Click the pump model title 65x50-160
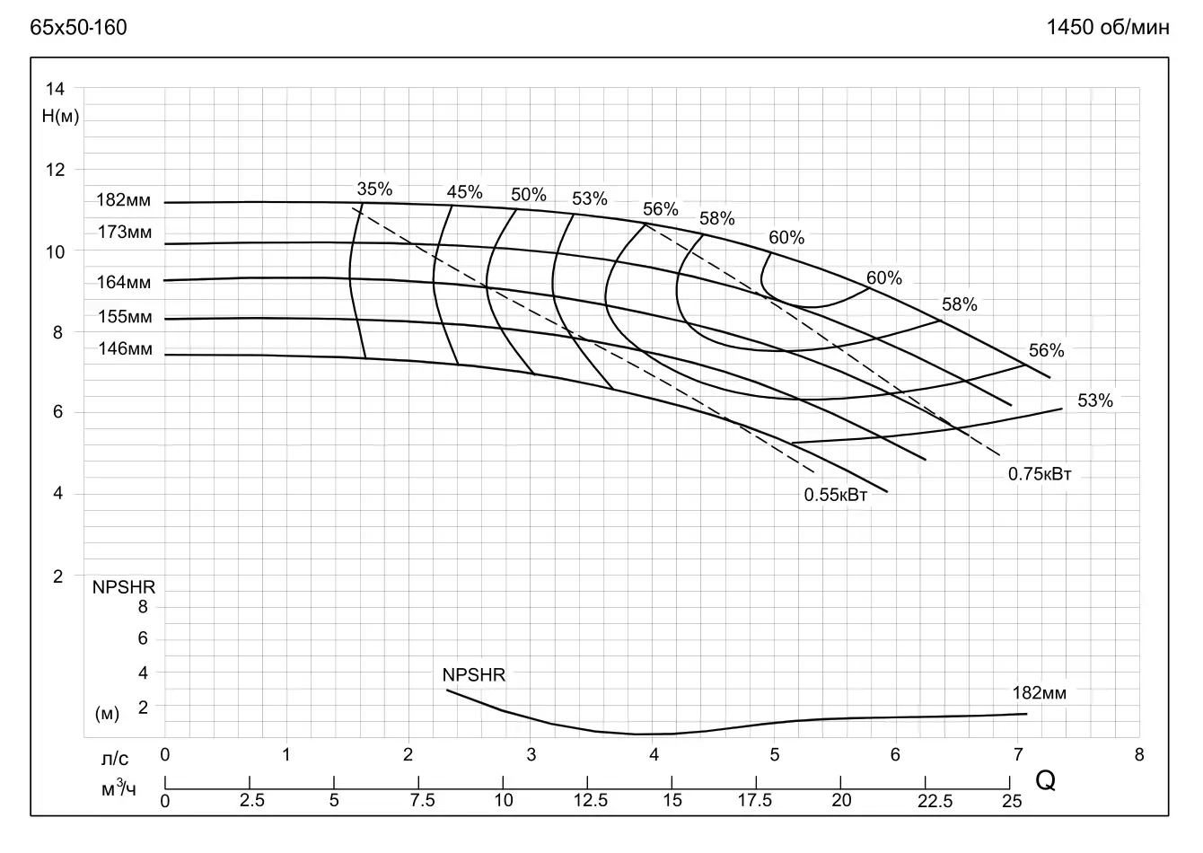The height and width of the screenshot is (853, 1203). (x=78, y=28)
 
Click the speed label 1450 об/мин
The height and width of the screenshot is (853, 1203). (x=1108, y=28)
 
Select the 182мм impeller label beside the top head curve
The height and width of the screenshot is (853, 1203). (x=124, y=200)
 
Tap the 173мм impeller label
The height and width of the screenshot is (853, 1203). (x=125, y=233)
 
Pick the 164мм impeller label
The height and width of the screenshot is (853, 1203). (x=124, y=283)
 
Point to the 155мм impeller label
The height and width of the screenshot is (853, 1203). (x=125, y=317)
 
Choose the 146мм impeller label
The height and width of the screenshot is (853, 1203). (x=125, y=349)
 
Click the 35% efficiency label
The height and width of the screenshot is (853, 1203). (x=375, y=189)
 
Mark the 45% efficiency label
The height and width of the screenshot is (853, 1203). (x=464, y=192)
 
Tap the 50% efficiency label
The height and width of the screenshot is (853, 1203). (x=529, y=195)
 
